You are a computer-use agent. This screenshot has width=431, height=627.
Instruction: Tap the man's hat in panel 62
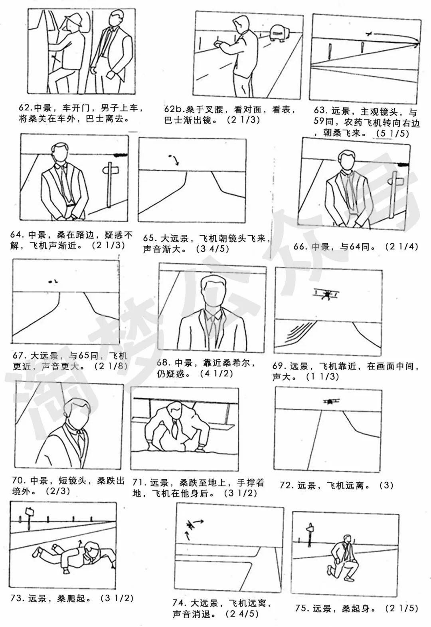click(x=73, y=19)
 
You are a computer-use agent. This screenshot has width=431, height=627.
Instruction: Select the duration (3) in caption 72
click(x=386, y=486)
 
